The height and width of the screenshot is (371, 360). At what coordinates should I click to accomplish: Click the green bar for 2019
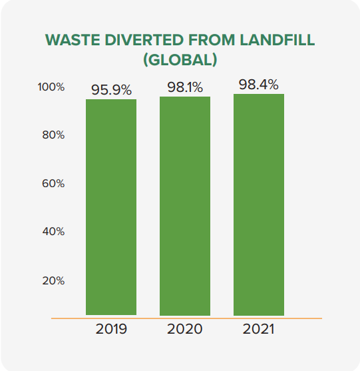(x=111, y=207)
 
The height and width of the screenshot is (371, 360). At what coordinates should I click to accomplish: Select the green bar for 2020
(x=184, y=206)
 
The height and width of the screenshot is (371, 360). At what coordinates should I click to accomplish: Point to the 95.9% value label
(x=111, y=89)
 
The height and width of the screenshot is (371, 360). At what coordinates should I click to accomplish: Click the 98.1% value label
(x=184, y=87)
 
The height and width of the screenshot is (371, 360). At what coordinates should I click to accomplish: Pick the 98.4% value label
(x=258, y=85)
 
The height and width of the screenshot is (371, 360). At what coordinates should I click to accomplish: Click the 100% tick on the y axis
(x=51, y=87)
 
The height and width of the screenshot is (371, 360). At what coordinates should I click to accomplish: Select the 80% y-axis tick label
(x=53, y=135)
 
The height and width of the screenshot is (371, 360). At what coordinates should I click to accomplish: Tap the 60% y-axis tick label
(x=53, y=183)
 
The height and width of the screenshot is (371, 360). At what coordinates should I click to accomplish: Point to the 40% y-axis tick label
(x=53, y=232)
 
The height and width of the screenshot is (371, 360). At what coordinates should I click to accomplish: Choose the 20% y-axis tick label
(x=53, y=280)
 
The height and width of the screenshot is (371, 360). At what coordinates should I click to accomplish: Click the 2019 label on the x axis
(x=111, y=330)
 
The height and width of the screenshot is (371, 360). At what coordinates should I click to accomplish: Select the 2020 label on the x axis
(x=184, y=330)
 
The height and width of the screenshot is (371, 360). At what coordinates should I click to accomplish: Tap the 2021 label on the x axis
(x=258, y=330)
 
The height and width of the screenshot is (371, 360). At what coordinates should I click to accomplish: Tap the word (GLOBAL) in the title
(x=180, y=59)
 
